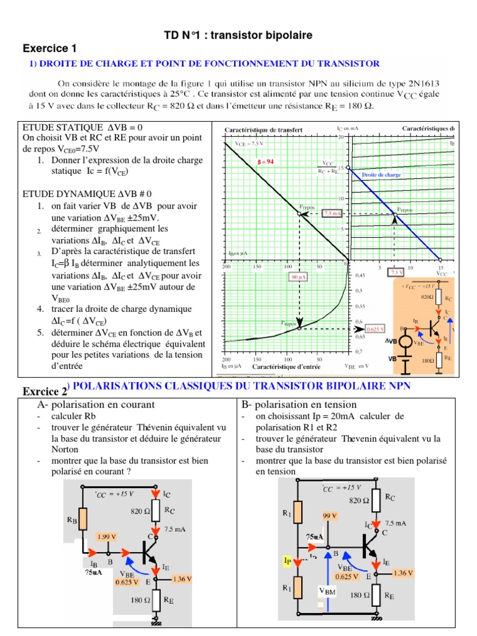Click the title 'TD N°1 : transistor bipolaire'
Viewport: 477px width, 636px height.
tap(238, 35)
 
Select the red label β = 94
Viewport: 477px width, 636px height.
tap(265, 161)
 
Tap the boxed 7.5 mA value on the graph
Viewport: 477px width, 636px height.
tap(333, 213)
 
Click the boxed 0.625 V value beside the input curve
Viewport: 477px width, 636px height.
tap(375, 329)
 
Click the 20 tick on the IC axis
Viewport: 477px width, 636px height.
tap(341, 136)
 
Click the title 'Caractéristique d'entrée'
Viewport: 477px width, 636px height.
tap(283, 366)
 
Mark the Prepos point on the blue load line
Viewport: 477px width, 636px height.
tap(395, 214)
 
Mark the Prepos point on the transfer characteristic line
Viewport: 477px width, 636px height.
tap(299, 214)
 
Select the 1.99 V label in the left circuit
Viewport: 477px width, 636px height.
tap(107, 535)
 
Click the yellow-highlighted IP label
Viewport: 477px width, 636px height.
tap(288, 561)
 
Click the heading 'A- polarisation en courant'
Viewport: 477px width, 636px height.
tap(96, 404)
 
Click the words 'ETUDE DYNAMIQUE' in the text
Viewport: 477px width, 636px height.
tap(60, 194)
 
